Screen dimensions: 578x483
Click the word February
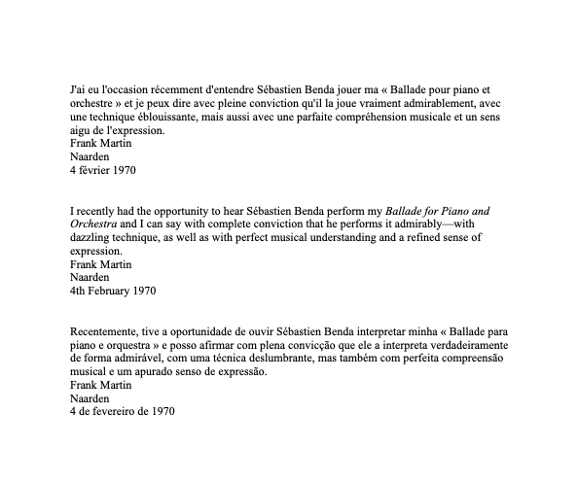click(116, 291)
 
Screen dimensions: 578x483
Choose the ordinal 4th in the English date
click(79, 291)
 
